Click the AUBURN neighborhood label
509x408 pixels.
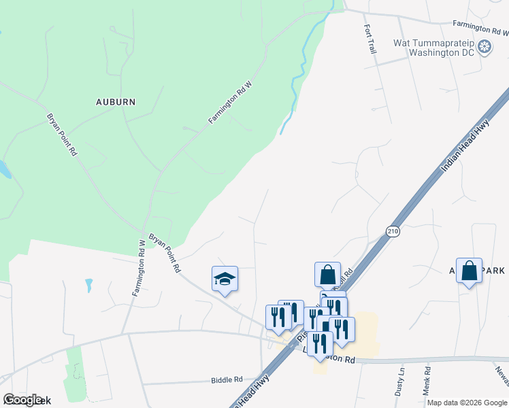coord(116,102)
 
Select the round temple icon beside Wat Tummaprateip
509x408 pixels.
coord(485,47)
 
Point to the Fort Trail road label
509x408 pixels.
coord(370,39)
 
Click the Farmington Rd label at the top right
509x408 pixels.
coord(482,28)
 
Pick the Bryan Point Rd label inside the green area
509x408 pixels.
coord(62,135)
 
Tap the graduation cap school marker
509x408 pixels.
coord(225,279)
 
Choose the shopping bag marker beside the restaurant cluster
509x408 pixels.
coord(327,275)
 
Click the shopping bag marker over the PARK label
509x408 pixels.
coord(469,271)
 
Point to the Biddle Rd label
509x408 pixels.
coord(227,379)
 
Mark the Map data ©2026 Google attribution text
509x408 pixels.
coord(467,403)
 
